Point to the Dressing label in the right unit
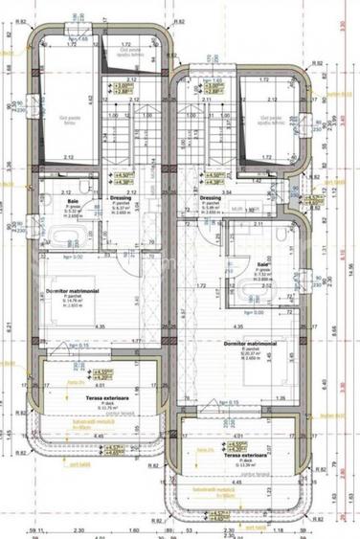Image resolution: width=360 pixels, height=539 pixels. (211, 198)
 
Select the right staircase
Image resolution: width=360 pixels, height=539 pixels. (203, 134)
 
